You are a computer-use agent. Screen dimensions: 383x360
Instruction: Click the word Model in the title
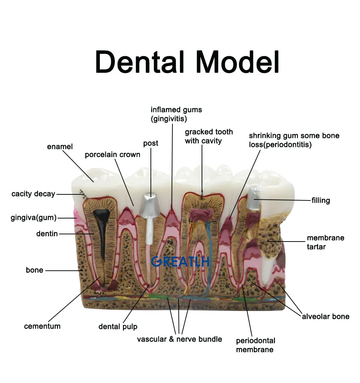[238, 62]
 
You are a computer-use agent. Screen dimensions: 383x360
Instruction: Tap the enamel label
[60, 147]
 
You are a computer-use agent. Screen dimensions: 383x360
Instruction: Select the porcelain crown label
[112, 155]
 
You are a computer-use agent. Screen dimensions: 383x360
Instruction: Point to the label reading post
[150, 143]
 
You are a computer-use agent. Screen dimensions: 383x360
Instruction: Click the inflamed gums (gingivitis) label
[176, 114]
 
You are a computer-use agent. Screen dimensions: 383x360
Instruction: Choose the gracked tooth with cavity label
[208, 136]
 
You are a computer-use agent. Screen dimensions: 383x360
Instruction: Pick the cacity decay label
[33, 194]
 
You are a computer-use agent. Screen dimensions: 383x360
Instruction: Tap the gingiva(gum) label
[34, 218]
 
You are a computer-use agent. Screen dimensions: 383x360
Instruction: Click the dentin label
[47, 234]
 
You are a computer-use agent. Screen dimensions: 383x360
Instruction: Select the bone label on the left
[34, 270]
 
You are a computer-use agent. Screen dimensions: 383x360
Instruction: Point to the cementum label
[42, 326]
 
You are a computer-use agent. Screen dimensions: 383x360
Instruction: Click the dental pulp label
[118, 327]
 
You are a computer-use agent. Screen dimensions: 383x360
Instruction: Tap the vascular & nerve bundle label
[179, 339]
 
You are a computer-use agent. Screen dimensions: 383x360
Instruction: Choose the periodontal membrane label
[255, 345]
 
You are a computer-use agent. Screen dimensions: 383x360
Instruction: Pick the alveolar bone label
[325, 316]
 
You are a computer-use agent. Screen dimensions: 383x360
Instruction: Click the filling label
[320, 200]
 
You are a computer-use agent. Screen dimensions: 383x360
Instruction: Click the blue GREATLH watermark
[180, 262]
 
